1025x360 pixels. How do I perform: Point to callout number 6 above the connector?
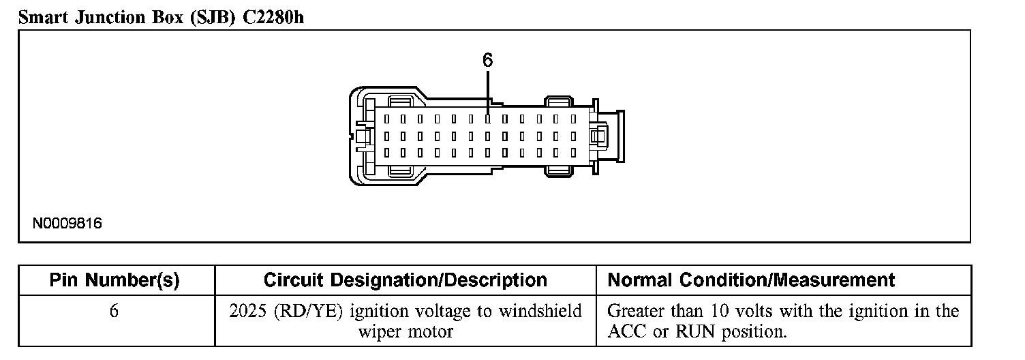[487, 61]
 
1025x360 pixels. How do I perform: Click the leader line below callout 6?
[488, 92]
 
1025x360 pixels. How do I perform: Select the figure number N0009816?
[67, 224]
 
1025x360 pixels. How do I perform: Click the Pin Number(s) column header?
[114, 280]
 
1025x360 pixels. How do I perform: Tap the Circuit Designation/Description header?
[405, 280]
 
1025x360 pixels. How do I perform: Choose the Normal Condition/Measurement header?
[751, 280]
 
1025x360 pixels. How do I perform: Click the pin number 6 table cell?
[114, 312]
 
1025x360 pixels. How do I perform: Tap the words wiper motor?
[406, 332]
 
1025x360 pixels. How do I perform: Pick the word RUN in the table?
[694, 332]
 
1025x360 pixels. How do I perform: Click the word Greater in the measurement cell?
[635, 312]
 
